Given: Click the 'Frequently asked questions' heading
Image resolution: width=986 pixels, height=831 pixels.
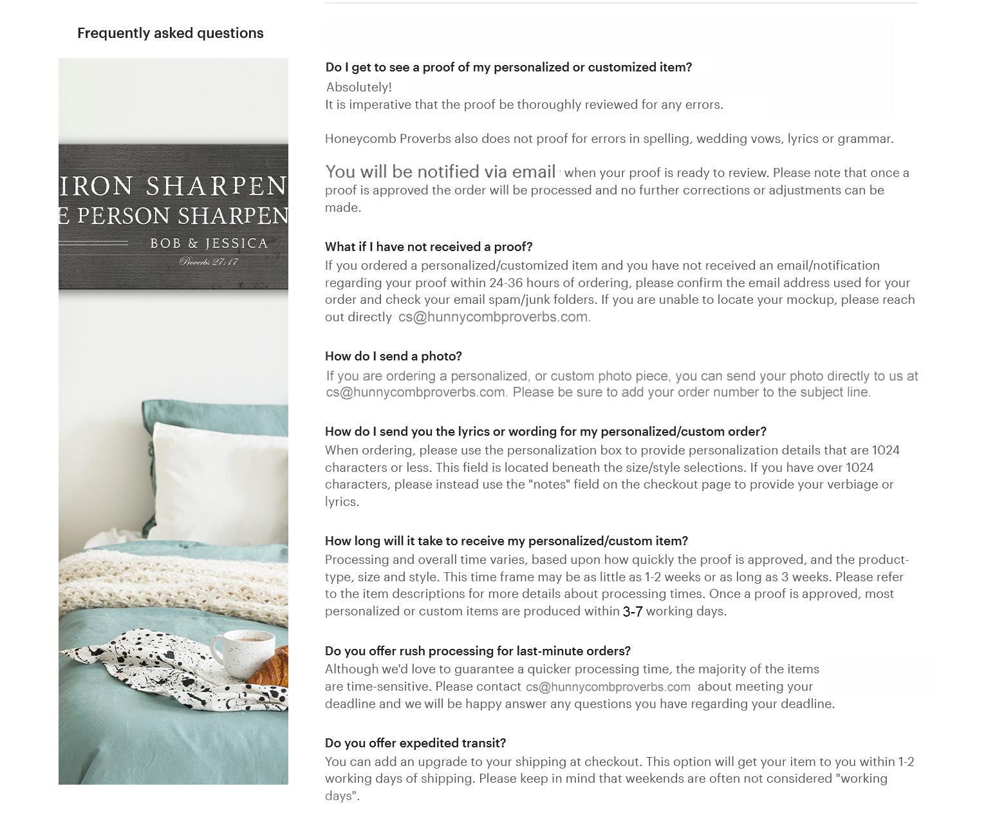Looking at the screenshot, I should tap(170, 33).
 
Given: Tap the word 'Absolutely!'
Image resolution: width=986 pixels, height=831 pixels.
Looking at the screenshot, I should tap(358, 87).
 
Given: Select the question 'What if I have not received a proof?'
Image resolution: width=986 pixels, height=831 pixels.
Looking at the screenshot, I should tap(429, 247).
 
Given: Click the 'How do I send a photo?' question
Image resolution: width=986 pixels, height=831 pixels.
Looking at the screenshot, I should tap(393, 356).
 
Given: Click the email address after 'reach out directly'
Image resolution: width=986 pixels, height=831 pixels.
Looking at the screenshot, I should tap(493, 317).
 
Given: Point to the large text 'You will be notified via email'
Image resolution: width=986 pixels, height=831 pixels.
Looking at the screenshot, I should tap(440, 172).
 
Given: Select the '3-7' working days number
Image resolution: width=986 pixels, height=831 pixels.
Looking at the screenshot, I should tap(632, 612).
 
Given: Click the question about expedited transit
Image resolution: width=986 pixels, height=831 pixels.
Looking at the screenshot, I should tap(415, 743).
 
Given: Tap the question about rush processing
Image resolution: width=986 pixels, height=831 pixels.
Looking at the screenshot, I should tap(478, 651).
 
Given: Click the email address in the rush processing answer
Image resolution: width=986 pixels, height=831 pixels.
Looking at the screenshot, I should tap(608, 687).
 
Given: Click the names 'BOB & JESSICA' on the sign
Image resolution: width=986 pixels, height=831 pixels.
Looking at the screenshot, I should tap(209, 243).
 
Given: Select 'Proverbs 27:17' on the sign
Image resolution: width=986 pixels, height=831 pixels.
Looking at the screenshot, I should tap(209, 261).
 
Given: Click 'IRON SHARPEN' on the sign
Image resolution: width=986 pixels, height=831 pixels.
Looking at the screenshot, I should tap(171, 186).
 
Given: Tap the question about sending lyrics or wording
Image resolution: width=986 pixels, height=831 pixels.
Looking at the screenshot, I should tap(545, 431).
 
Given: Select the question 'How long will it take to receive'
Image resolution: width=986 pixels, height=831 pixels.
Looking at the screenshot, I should tap(506, 541).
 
